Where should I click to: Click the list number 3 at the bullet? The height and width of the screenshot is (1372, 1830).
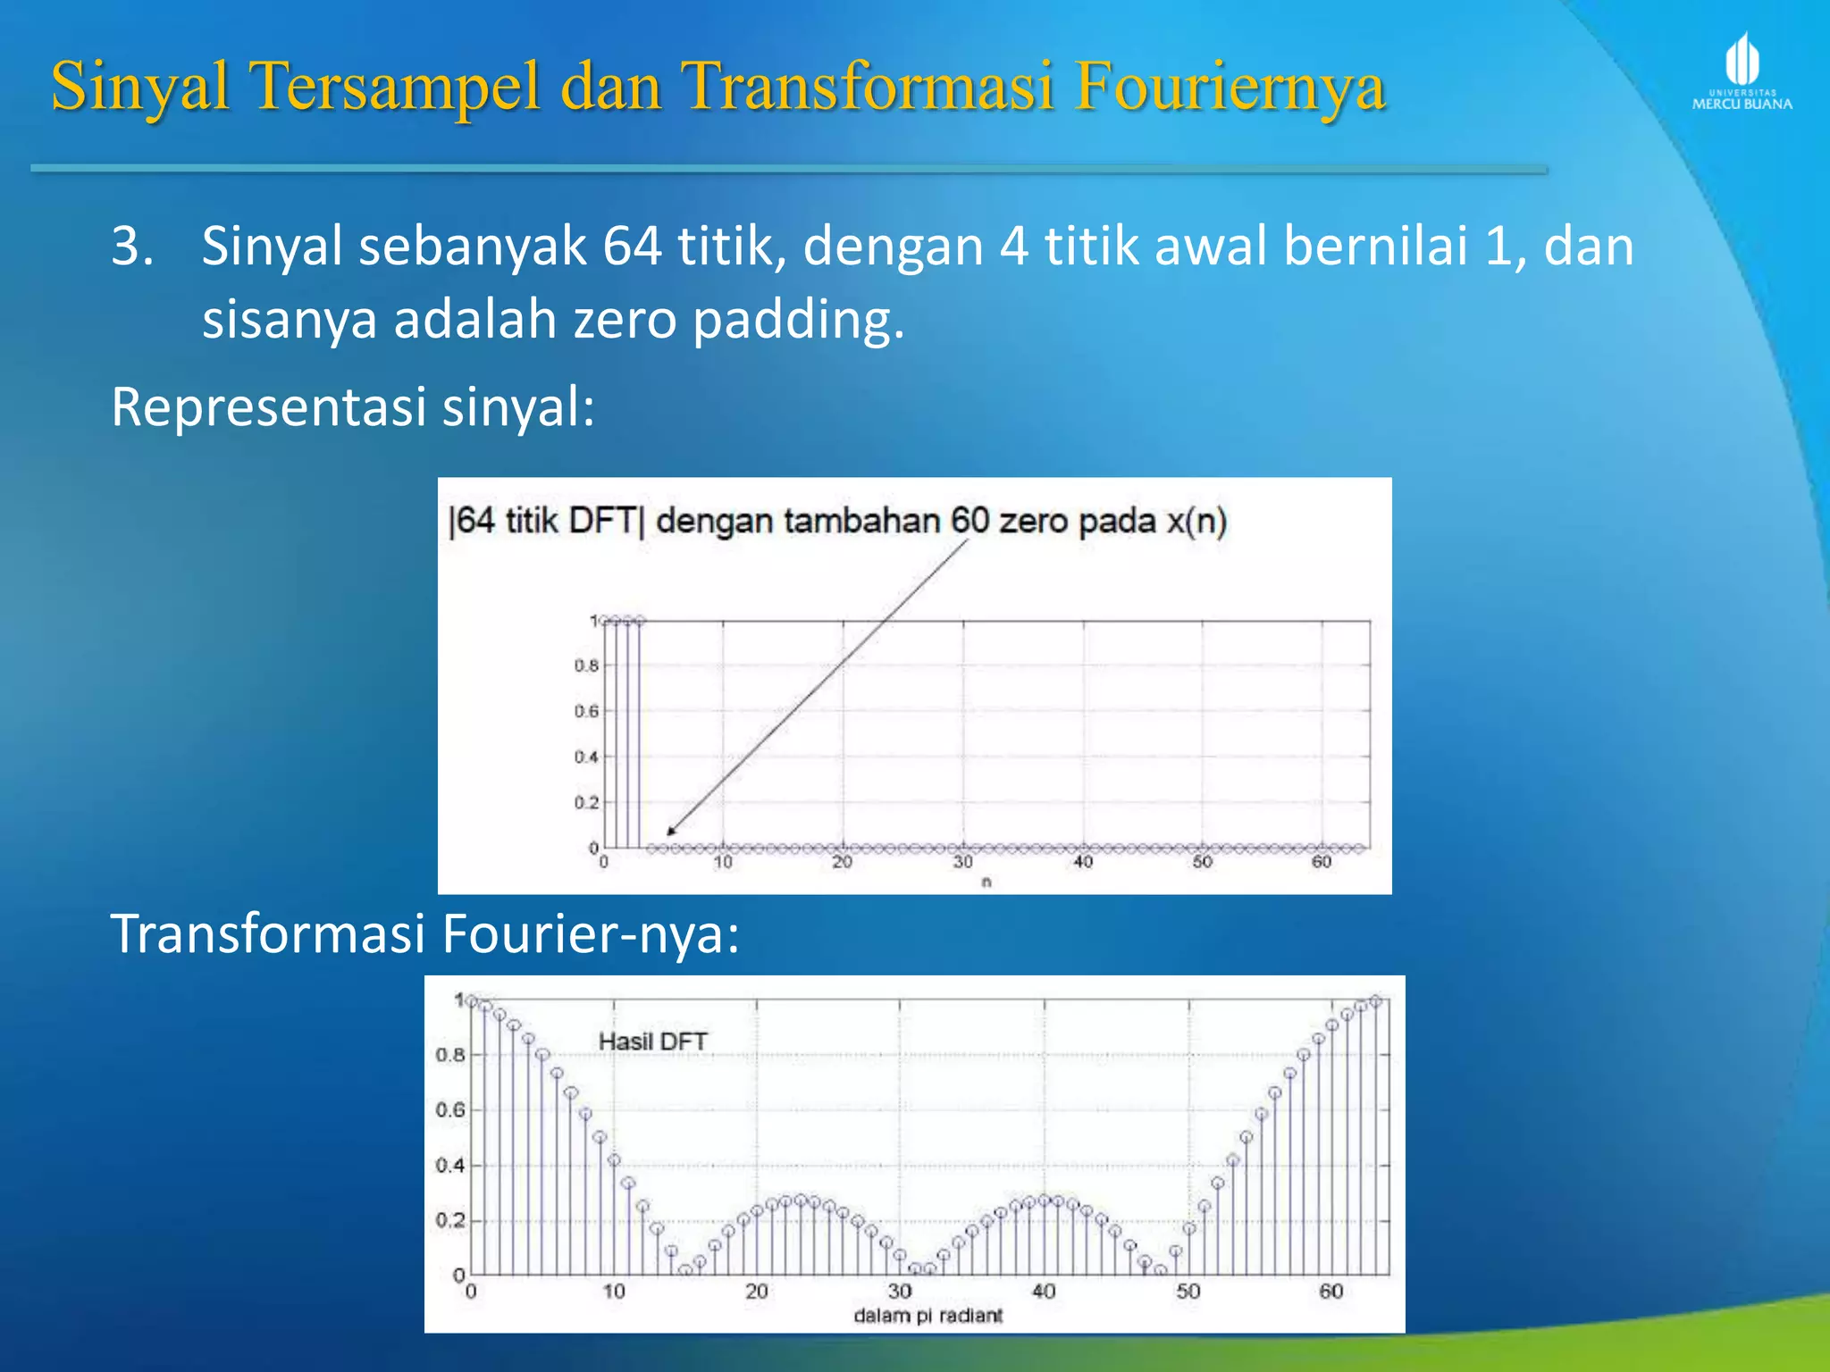(x=132, y=247)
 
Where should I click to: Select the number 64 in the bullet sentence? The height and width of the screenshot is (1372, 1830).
(x=632, y=247)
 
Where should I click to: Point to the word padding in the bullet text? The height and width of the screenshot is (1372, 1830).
(x=798, y=320)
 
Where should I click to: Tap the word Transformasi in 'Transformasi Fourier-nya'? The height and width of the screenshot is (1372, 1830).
(x=268, y=934)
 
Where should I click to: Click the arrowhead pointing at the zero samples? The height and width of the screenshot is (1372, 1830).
(x=671, y=832)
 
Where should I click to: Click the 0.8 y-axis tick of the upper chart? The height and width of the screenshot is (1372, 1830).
(x=586, y=665)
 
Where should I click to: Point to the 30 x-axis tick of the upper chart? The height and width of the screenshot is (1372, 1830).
(x=962, y=862)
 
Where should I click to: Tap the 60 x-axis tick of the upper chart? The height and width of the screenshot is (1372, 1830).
(x=1322, y=862)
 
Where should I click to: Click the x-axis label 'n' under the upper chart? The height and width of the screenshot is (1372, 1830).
(x=986, y=883)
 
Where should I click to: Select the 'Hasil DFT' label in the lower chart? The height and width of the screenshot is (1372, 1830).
(x=652, y=1042)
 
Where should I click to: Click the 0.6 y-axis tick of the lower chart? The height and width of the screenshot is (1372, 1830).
(x=449, y=1110)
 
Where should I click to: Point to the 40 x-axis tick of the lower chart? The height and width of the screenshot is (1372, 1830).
(x=1044, y=1292)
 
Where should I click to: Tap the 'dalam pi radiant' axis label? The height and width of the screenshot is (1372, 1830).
(x=928, y=1316)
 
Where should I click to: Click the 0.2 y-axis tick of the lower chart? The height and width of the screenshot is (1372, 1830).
(x=449, y=1221)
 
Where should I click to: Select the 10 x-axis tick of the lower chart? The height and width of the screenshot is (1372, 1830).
(x=614, y=1292)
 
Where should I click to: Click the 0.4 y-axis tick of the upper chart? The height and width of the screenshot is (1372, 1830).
(x=586, y=757)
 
